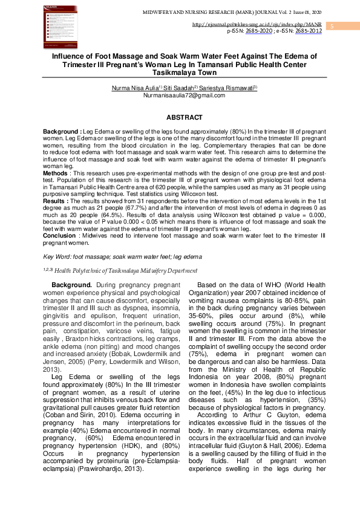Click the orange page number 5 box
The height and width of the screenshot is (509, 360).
pos(332,26)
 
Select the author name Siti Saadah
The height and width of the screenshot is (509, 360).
pos(173,88)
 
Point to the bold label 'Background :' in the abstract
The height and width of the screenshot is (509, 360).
pos(62,131)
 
